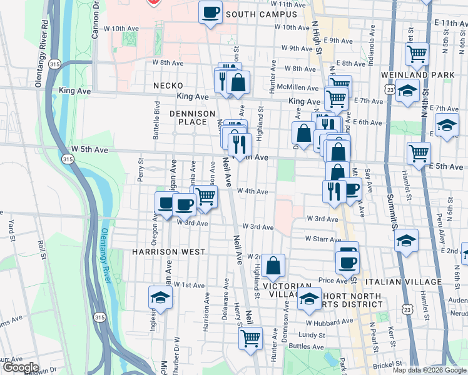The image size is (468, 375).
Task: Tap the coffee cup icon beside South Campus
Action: [x=211, y=12]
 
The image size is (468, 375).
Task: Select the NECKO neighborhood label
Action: [x=168, y=85]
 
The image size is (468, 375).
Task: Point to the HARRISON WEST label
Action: [x=168, y=252]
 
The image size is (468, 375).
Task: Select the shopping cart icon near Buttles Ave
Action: [x=251, y=338]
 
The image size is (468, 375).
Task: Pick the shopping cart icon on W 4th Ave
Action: [x=206, y=196]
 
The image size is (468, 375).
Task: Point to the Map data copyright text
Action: [x=430, y=370]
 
